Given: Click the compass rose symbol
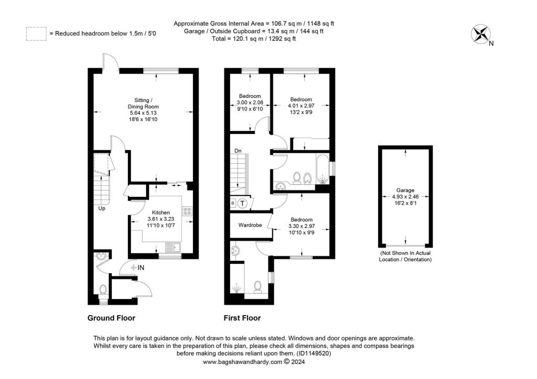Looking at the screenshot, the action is click(480, 34).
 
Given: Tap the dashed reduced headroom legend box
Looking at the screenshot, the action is click(36, 34).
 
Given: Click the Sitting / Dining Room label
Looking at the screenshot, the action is click(143, 103).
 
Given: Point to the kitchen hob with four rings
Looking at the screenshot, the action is click(187, 211).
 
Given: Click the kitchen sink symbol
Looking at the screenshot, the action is click(173, 247).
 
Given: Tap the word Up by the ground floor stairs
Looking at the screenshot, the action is click(102, 208).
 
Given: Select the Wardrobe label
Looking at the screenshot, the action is click(250, 225).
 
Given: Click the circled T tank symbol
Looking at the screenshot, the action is click(242, 204).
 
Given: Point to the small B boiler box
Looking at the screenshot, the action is click(233, 204).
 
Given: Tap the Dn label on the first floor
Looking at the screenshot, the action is click(238, 151).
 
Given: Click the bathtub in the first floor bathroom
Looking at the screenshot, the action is click(323, 169).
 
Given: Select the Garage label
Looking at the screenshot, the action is click(405, 190).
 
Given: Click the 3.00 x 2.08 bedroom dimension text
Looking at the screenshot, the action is click(250, 103).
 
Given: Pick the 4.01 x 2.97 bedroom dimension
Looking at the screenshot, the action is click(301, 106).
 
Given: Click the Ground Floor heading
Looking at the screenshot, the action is click(111, 318).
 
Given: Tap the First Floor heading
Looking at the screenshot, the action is click(242, 318).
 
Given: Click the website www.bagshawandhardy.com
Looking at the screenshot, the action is click(242, 362).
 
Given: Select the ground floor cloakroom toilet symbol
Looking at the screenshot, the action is click(103, 290).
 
